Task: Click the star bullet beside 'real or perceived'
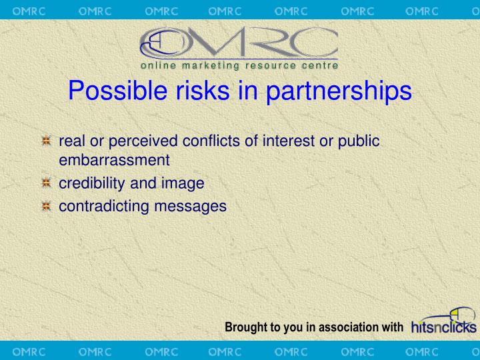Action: pos(46,141)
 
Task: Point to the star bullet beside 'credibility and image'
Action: pos(46,183)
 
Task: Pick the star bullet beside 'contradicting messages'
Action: pos(46,207)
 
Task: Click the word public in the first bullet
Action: pos(359,141)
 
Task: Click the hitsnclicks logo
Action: pos(444,321)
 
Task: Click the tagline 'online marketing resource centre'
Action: pos(239,65)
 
